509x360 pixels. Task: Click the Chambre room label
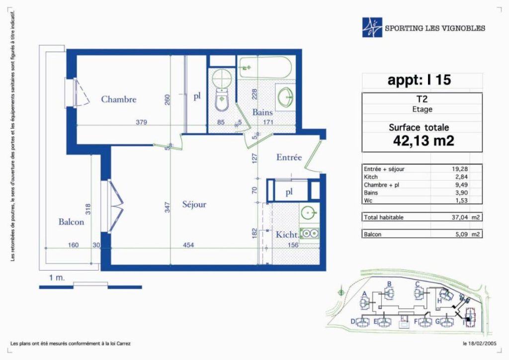pyautogui.click(x=118, y=99)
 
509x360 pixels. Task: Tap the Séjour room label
pyautogui.click(x=194, y=204)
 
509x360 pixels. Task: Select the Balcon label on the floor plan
pyautogui.click(x=71, y=222)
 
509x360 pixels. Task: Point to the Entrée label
pyautogui.click(x=289, y=157)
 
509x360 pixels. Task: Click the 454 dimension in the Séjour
pyautogui.click(x=188, y=245)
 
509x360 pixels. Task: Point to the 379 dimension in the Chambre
pyautogui.click(x=141, y=122)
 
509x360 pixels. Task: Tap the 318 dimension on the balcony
pyautogui.click(x=87, y=209)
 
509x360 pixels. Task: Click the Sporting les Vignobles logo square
pyautogui.click(x=372, y=27)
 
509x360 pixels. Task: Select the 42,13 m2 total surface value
pyautogui.click(x=424, y=141)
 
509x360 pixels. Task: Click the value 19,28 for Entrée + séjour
pyautogui.click(x=460, y=169)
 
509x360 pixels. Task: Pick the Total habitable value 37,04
pyautogui.click(x=460, y=217)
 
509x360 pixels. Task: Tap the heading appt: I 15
pyautogui.click(x=419, y=80)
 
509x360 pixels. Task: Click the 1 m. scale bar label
pyautogui.click(x=57, y=277)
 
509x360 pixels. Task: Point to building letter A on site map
pyautogui.click(x=364, y=294)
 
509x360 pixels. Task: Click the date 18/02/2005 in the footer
pyautogui.click(x=482, y=344)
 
